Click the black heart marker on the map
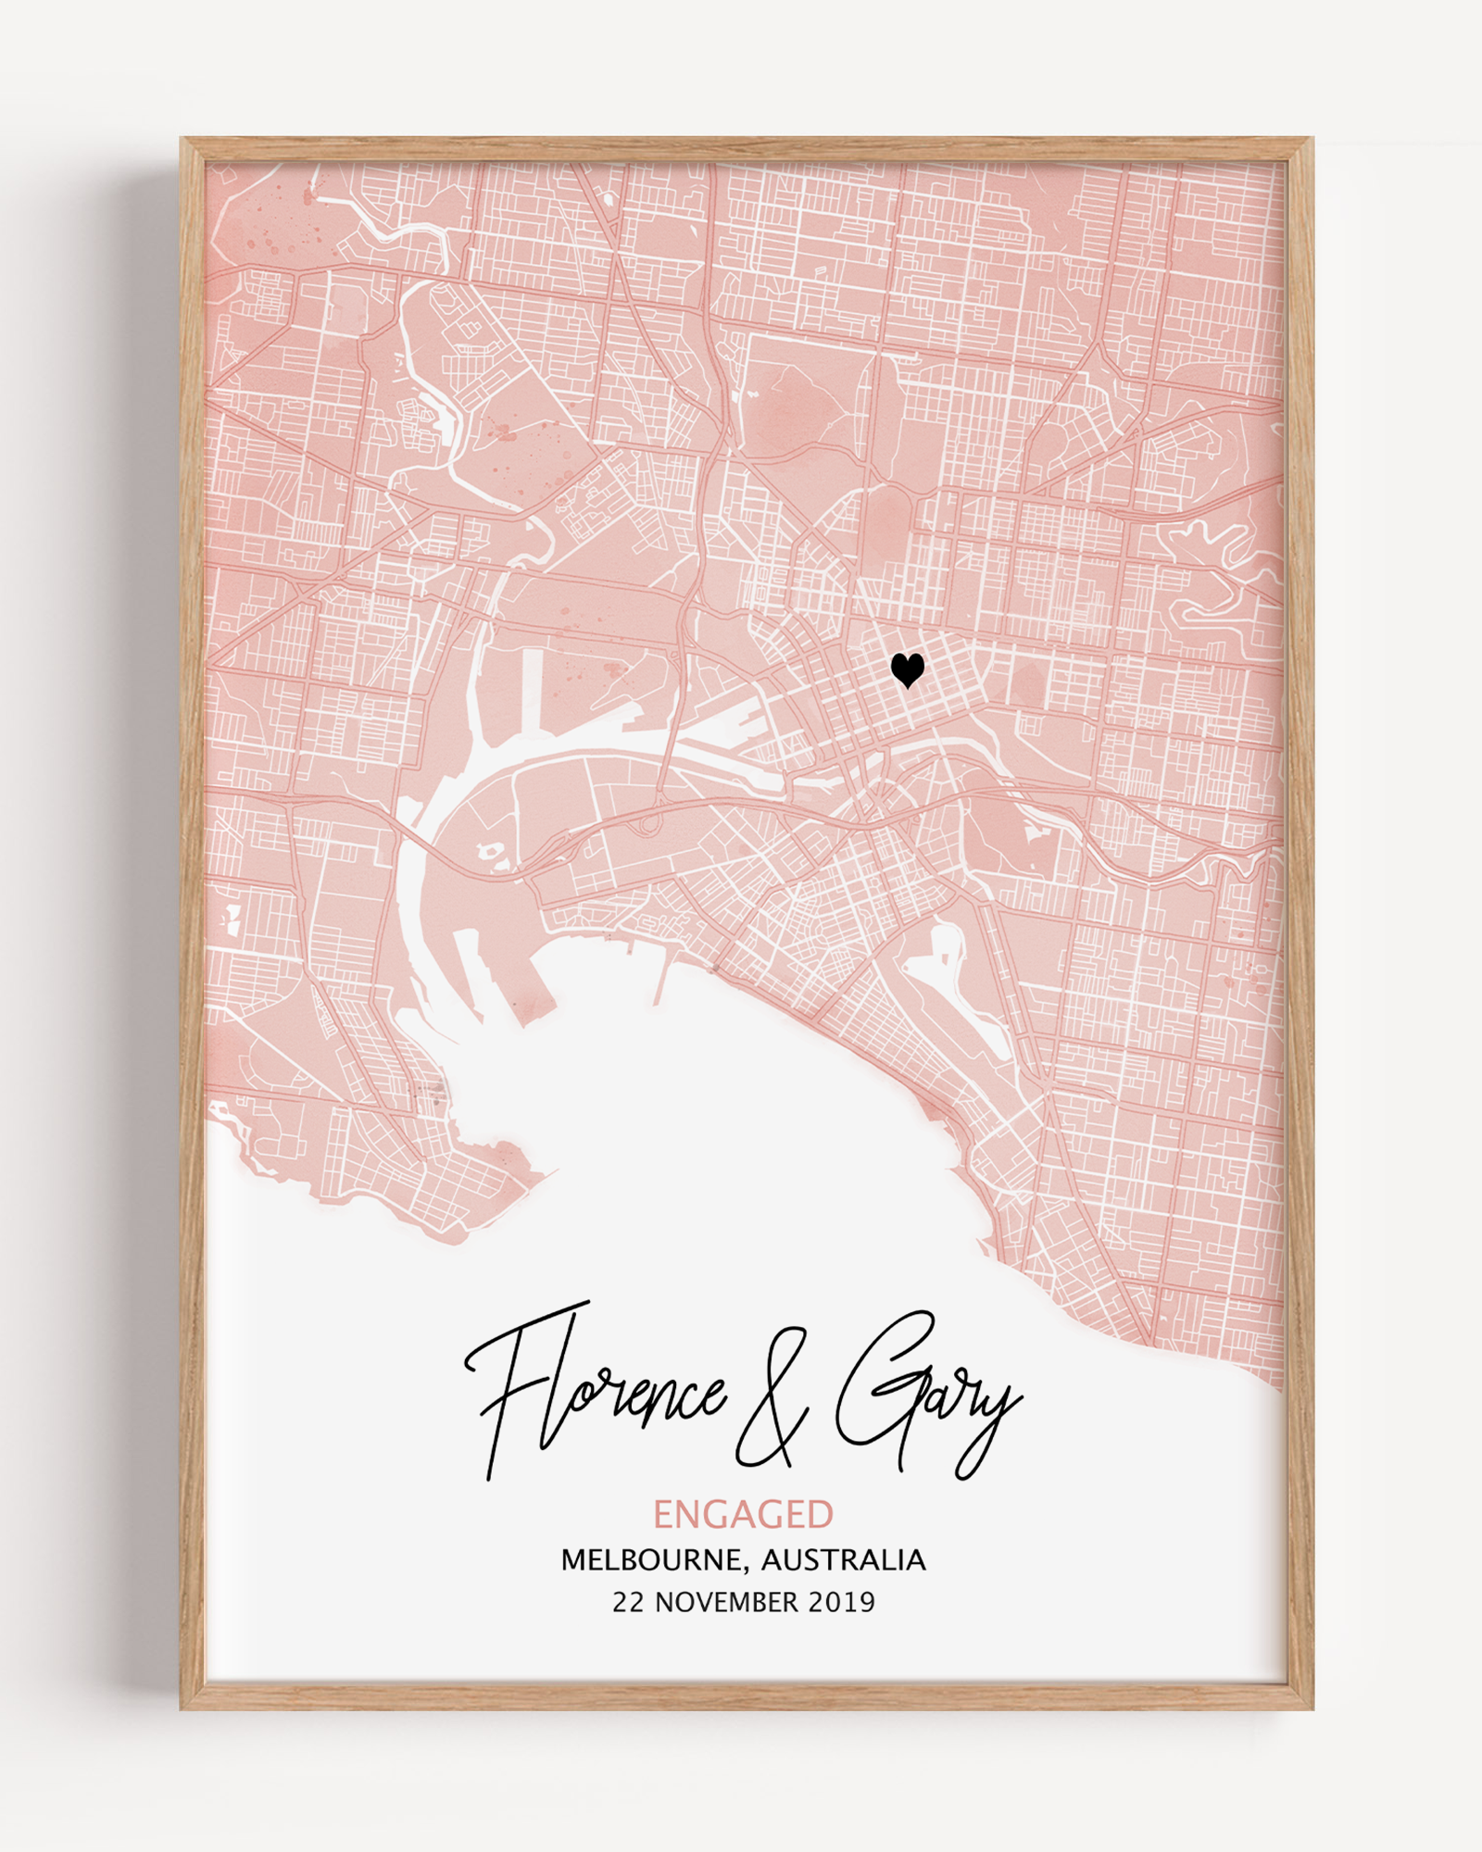point(907,669)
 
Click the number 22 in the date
point(627,1603)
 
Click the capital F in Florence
point(519,1380)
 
